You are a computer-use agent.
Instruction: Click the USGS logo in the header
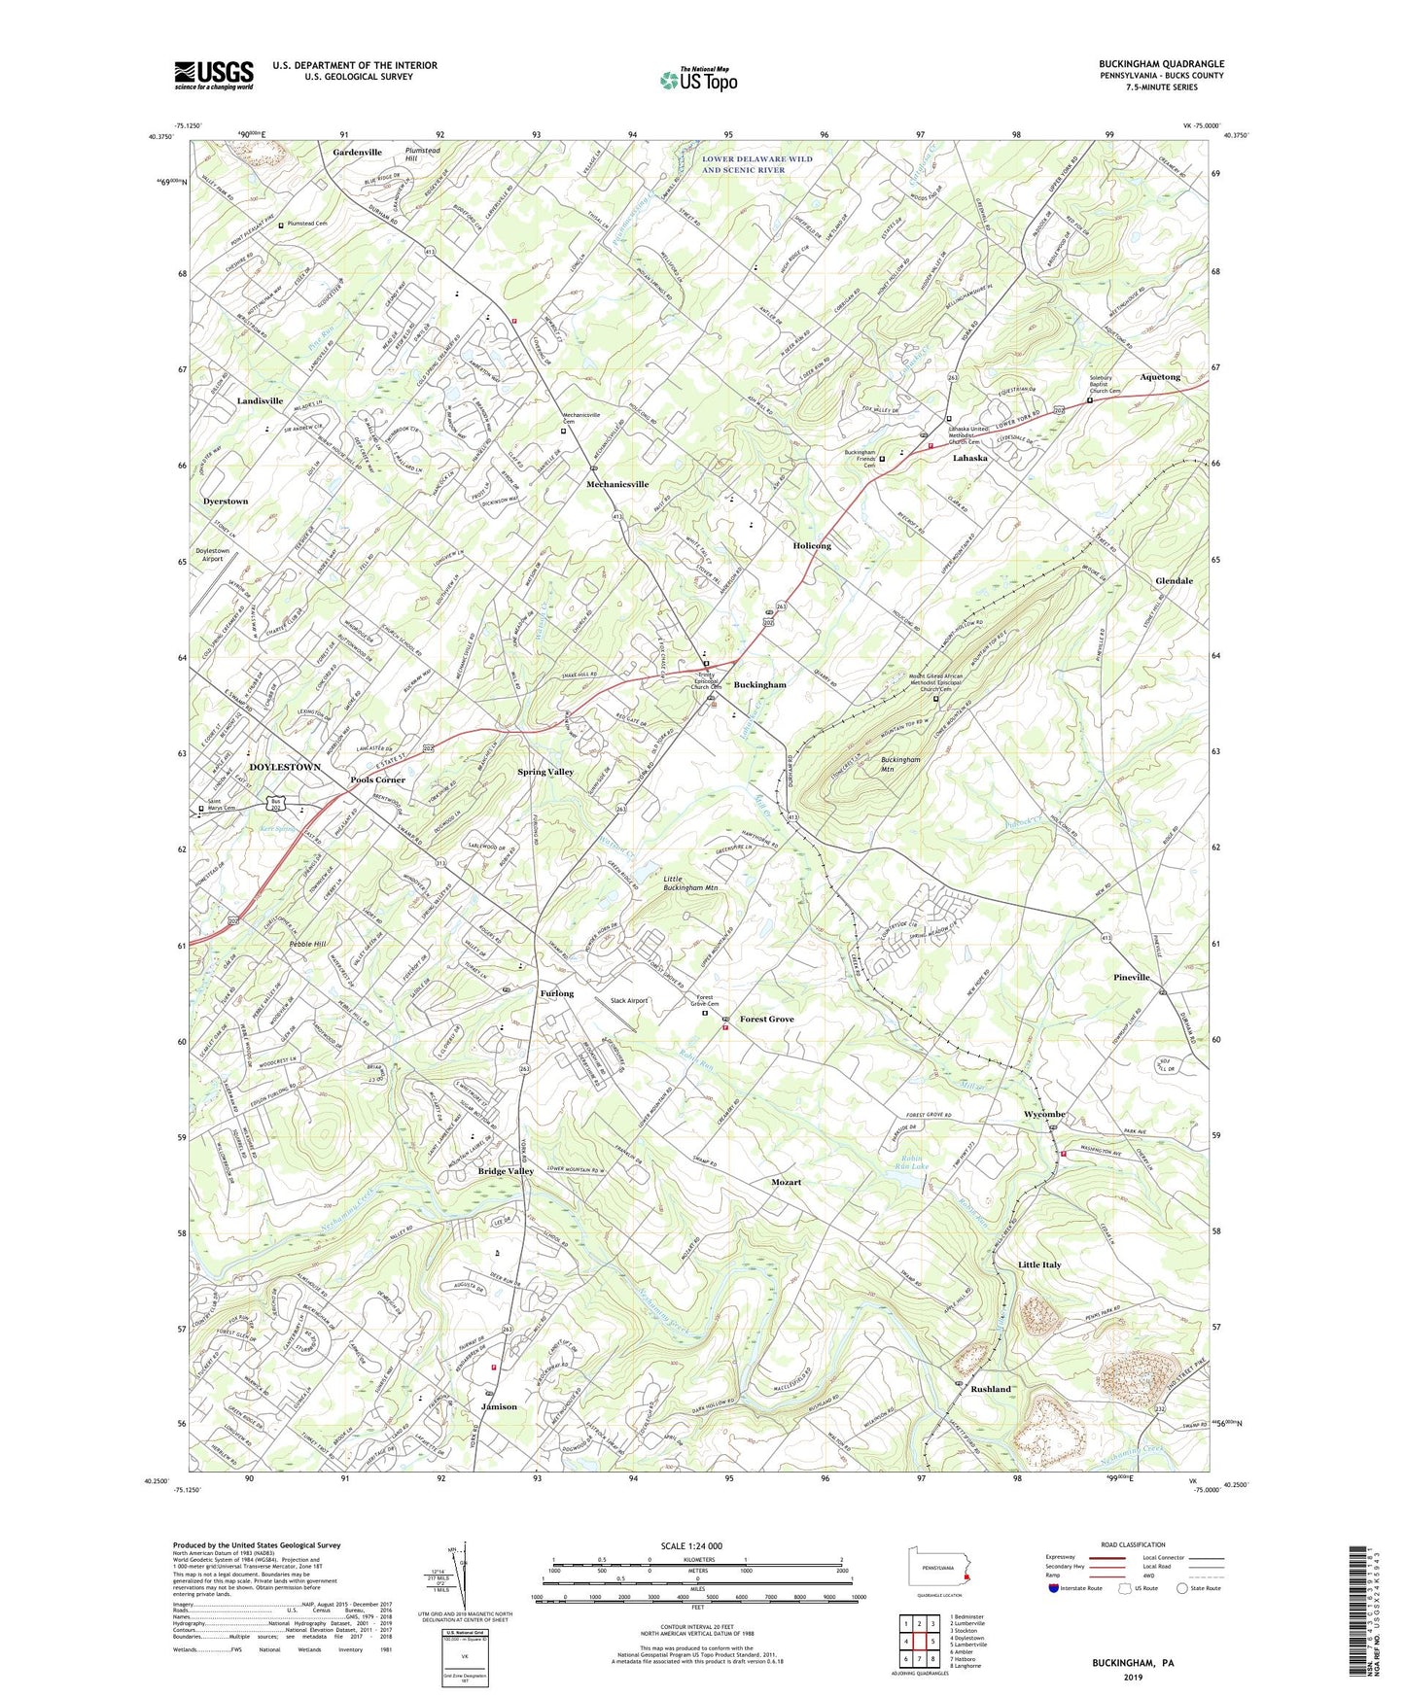[x=214, y=75]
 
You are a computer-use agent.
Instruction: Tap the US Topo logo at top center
[x=698, y=81]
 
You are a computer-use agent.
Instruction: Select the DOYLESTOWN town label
[x=285, y=767]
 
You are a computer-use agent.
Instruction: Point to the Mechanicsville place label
[x=616, y=484]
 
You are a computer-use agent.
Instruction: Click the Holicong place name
[x=812, y=546]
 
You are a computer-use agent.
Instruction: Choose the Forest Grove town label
[x=766, y=1019]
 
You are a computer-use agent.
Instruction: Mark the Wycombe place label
[x=1044, y=1114]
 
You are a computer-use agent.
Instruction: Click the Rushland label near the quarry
[x=991, y=1389]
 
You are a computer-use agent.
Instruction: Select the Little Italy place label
[x=1039, y=1264]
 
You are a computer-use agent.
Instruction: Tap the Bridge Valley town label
[x=506, y=1171]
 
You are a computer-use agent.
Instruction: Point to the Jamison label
[x=499, y=1406]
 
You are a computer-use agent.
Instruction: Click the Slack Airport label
[x=628, y=1000]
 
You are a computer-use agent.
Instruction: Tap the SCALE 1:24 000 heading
[x=689, y=1546]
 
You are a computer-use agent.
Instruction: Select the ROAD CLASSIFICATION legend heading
[x=1133, y=1544]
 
